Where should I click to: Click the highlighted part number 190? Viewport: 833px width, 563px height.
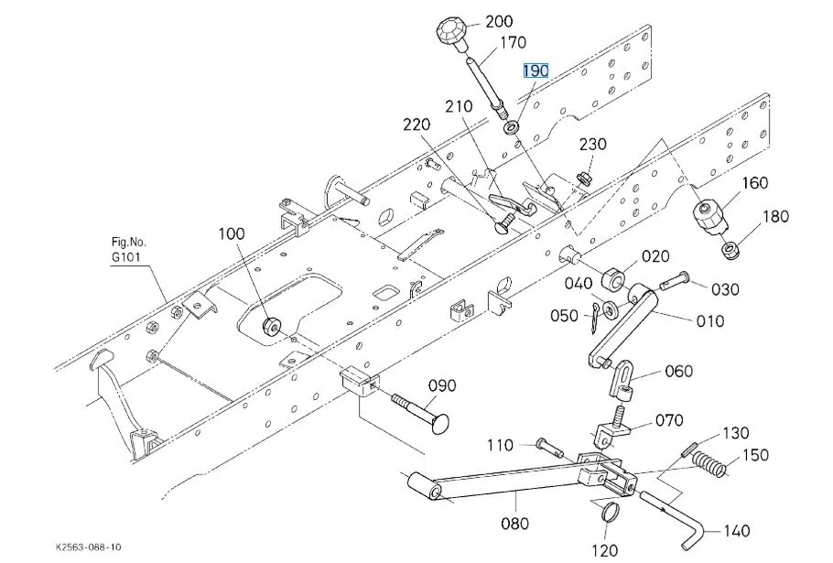[535, 70]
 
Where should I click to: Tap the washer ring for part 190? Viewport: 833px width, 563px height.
[513, 128]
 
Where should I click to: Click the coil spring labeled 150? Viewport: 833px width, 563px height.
[712, 464]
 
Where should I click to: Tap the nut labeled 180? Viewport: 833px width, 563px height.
[730, 250]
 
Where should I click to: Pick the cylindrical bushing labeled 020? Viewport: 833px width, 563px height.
[614, 279]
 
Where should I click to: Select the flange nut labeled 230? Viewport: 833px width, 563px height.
[583, 178]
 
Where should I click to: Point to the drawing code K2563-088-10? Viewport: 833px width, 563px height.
[88, 547]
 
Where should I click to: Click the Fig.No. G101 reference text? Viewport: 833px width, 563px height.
[128, 251]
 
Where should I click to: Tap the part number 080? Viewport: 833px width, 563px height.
[514, 523]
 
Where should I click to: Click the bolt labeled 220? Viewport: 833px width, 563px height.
[504, 223]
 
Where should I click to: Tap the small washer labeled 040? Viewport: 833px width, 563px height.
[610, 309]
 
